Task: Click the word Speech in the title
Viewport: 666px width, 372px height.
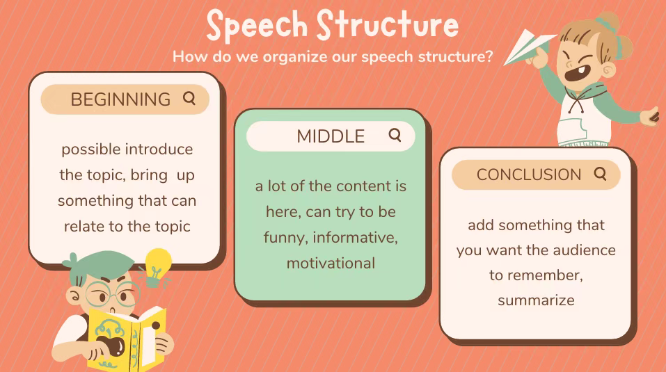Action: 257,25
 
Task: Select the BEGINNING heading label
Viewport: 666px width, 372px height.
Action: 120,99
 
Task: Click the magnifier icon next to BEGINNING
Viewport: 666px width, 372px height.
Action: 189,99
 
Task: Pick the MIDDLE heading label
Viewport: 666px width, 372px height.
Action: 331,136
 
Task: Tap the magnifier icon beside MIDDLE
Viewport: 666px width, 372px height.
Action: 395,136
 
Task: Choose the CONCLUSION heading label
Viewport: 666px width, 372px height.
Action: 529,175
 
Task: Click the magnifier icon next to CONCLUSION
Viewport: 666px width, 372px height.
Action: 600,174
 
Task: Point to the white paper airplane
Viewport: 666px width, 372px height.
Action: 529,47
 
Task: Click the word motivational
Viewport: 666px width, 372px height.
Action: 331,264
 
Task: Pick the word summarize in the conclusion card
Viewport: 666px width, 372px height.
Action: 536,300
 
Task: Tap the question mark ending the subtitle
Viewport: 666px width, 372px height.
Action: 489,56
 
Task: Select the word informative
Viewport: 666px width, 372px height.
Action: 355,238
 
